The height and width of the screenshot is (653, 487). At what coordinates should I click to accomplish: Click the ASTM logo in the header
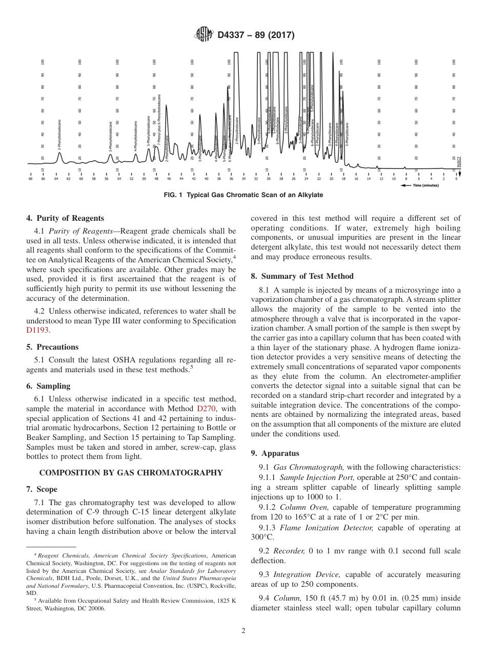[205, 35]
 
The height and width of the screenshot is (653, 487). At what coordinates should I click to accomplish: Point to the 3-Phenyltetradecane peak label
[111, 137]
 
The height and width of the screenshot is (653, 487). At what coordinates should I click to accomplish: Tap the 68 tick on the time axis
[30, 179]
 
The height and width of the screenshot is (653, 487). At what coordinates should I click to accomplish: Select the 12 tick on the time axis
[381, 179]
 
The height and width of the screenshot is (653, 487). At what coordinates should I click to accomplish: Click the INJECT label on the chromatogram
[459, 162]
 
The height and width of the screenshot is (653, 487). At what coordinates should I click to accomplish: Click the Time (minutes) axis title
[426, 185]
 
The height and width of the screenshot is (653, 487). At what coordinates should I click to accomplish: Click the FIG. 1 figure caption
[243, 195]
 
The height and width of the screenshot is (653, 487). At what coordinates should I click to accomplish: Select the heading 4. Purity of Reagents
[65, 218]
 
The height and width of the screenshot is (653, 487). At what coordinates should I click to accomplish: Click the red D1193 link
[38, 331]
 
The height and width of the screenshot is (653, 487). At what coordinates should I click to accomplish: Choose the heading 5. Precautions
[52, 347]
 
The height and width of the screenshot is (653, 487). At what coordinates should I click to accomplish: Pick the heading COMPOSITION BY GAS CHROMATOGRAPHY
[131, 473]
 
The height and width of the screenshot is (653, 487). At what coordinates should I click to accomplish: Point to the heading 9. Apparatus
[275, 453]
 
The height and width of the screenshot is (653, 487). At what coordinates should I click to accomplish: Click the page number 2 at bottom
[243, 631]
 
